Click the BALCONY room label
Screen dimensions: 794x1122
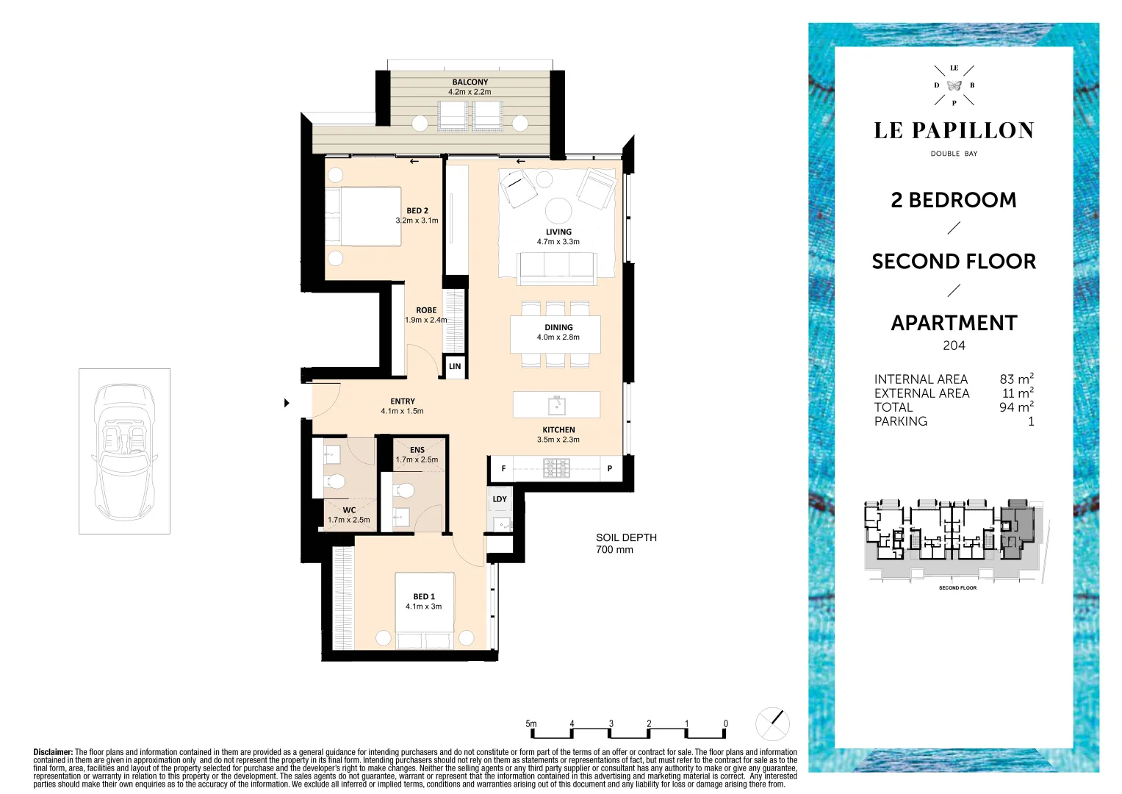click(470, 82)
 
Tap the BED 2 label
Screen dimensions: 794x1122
click(417, 211)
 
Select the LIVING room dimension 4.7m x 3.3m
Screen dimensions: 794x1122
click(558, 242)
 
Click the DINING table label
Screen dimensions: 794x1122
click(558, 328)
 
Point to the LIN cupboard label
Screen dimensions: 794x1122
click(455, 366)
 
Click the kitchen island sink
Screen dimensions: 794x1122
click(556, 404)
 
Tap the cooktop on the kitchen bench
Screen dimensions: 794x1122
click(556, 468)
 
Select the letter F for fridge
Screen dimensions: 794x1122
click(503, 468)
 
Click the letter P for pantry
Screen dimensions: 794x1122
click(609, 468)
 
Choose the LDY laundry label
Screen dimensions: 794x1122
click(500, 499)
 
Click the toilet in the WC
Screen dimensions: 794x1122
click(335, 482)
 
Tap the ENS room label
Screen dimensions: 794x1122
click(417, 450)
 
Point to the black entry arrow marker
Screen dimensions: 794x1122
click(287, 403)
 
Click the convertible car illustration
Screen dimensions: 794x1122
click(124, 451)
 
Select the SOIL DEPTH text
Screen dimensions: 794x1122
click(626, 538)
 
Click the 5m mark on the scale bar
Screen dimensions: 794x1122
click(531, 724)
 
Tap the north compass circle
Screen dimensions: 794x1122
click(772, 724)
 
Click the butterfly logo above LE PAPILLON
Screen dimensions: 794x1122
click(954, 85)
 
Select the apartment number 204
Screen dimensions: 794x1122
click(954, 346)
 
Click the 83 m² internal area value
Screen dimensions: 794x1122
click(1015, 379)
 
